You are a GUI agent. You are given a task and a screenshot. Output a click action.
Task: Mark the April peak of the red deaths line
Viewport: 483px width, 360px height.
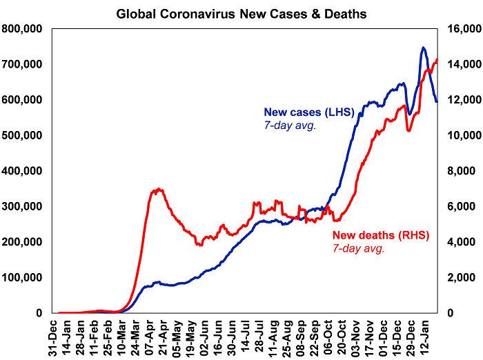click(159, 189)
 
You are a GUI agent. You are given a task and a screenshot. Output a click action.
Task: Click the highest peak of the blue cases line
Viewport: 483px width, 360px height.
click(423, 48)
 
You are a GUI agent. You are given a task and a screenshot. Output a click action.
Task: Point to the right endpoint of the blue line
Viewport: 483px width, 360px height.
click(437, 101)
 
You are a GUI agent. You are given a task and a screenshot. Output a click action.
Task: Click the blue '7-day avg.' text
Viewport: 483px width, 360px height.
click(290, 125)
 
